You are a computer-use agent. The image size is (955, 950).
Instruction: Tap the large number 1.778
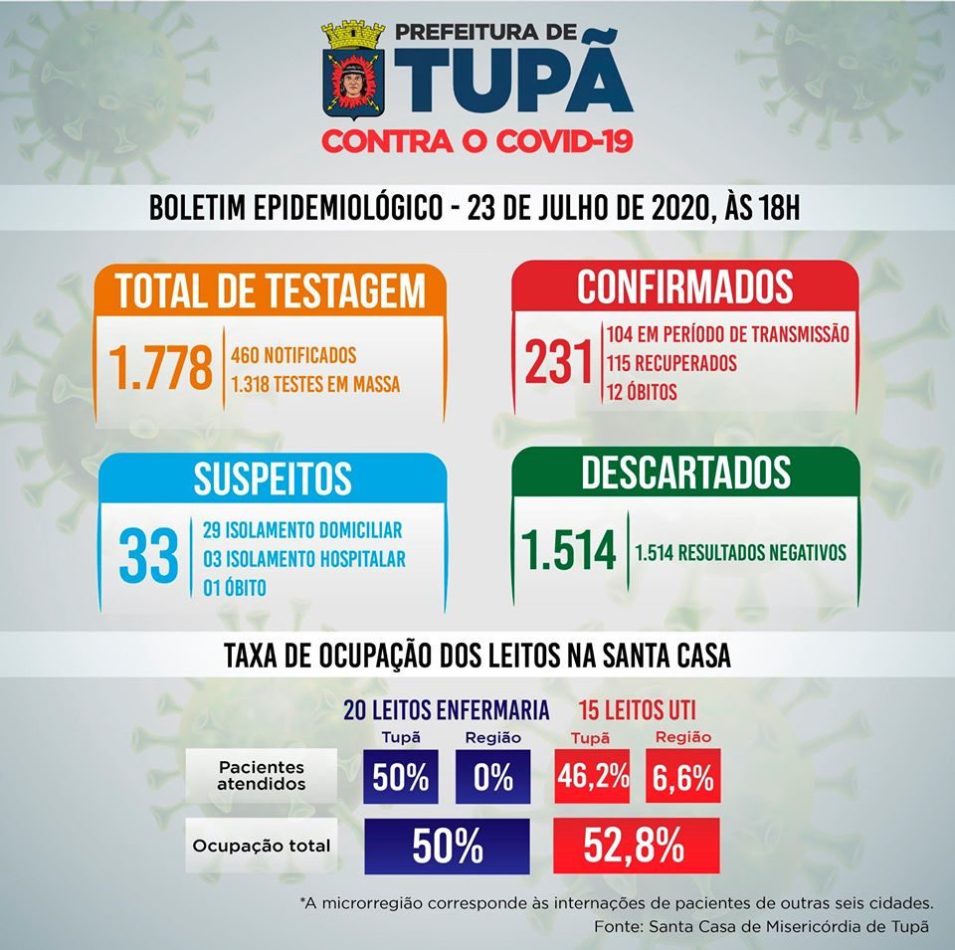pos(162,368)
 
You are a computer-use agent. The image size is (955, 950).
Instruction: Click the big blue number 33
pos(148,557)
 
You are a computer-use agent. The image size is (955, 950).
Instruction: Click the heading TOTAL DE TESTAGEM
pos(271,290)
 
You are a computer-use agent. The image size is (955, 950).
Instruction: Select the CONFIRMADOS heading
pos(685,286)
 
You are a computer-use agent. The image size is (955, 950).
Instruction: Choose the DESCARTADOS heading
pos(686,474)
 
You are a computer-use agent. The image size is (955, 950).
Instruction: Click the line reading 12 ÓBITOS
pos(641,393)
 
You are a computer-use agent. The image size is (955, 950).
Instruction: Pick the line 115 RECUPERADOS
pos(670,363)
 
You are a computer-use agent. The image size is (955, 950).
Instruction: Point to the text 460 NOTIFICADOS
pos(292,355)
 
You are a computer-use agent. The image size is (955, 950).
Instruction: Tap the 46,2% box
pos(594,777)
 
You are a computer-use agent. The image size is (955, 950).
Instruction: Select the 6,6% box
pos(682,777)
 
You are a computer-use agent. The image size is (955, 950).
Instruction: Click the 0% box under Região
pos(492,777)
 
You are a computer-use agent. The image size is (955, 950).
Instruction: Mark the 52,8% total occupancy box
pos(636,846)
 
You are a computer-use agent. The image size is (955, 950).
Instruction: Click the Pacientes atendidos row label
pos(262,777)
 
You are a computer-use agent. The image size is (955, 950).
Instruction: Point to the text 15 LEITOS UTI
pos(637,710)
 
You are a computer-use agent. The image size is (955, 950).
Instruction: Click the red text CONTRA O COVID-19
pos(477,142)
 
